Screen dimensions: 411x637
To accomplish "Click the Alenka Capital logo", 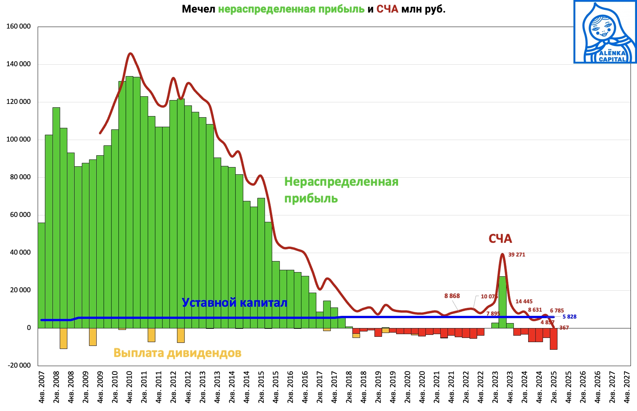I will point(605,32).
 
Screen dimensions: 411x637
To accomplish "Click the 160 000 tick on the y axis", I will point(19,27).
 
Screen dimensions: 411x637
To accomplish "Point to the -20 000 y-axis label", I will point(19,365).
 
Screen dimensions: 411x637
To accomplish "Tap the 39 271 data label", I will point(516,255).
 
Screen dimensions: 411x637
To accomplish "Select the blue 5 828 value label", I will point(569,317).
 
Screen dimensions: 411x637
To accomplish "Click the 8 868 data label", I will point(452,296).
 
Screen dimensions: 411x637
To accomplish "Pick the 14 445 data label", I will point(524,301).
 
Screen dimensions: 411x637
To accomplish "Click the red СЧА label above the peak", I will point(500,239).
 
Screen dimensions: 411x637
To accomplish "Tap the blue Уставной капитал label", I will point(234,303).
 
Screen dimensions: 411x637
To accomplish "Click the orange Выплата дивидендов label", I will point(177,353).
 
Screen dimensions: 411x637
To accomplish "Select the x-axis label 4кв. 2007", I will point(41,387).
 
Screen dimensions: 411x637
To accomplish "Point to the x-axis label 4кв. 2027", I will point(627,387).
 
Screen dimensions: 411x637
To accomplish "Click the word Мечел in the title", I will point(198,9).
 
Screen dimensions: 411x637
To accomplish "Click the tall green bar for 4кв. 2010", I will point(129,202).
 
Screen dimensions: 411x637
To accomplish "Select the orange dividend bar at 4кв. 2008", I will point(64,338).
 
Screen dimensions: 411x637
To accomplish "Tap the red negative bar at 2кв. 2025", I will point(553,339).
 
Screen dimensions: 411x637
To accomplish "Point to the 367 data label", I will point(564,328).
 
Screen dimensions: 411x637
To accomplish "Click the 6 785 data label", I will point(557,311).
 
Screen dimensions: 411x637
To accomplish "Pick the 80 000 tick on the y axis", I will point(19,177).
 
